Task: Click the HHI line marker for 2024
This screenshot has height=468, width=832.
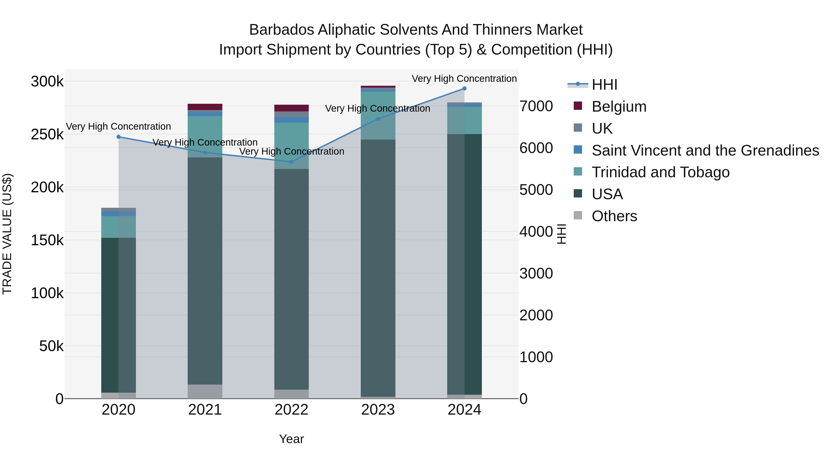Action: [465, 89]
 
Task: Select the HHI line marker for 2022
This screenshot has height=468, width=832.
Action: [291, 162]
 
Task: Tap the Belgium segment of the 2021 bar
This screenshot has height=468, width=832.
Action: [205, 107]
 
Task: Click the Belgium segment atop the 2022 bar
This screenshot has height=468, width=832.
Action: [291, 108]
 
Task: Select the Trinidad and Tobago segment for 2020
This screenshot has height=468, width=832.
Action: [119, 227]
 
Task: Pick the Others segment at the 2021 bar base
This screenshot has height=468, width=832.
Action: [205, 392]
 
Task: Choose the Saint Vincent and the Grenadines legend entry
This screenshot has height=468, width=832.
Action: [705, 150]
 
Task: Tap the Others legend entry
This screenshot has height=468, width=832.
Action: [614, 216]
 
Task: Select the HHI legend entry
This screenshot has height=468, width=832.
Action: [604, 85]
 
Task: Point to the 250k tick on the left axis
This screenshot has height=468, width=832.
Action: [47, 134]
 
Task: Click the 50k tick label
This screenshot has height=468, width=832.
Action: [51, 346]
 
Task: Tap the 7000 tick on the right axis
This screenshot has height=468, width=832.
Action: [536, 106]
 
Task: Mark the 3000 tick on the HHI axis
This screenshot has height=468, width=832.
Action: [536, 274]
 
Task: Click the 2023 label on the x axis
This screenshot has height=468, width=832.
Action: [378, 410]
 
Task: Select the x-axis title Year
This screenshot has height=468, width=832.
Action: [291, 439]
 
